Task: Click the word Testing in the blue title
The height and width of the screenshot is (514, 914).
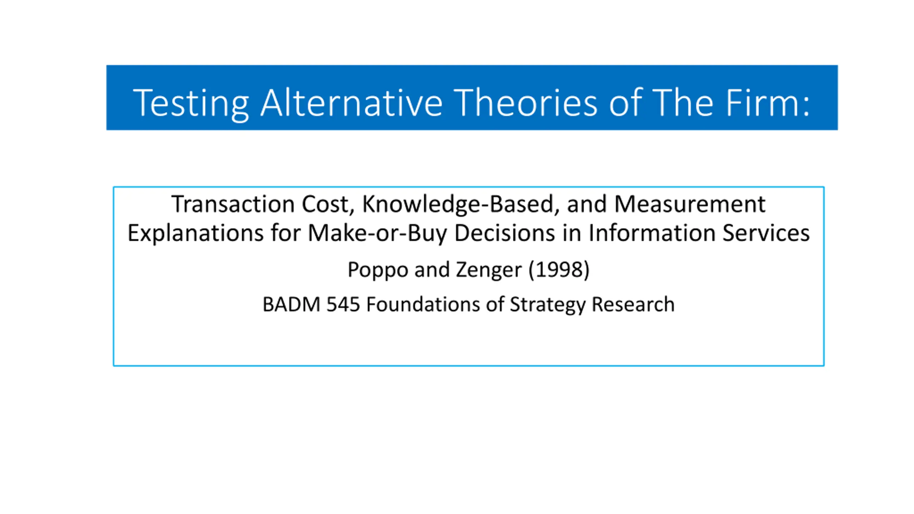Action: (x=191, y=104)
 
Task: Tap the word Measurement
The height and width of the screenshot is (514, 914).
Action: (x=690, y=205)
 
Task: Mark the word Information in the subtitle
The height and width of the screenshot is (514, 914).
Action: (x=652, y=233)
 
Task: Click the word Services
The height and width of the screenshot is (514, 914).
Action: (x=766, y=233)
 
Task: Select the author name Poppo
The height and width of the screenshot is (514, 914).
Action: (x=378, y=270)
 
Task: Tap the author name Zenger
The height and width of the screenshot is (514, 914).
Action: (x=489, y=270)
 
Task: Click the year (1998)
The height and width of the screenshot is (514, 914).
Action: (x=559, y=269)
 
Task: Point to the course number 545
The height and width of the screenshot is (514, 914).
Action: (x=343, y=304)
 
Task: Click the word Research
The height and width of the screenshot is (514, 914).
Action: (x=633, y=304)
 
